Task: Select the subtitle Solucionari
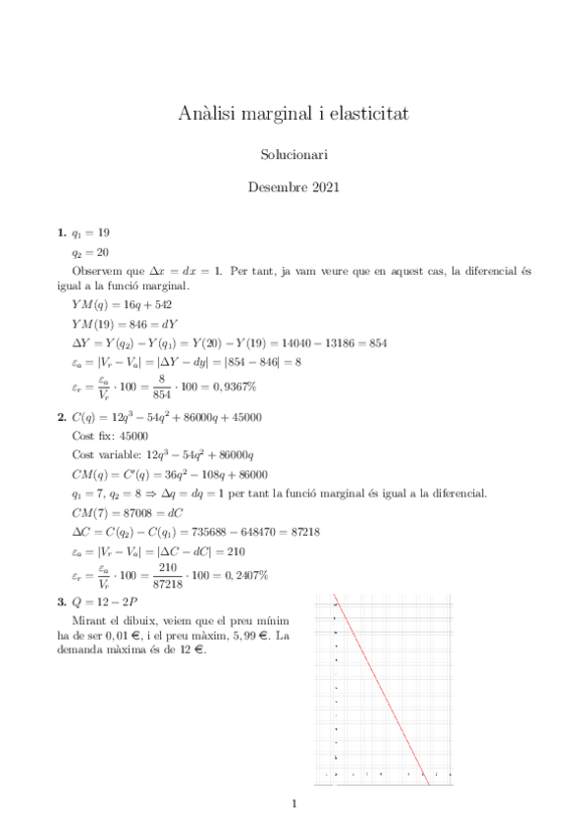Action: tap(294, 155)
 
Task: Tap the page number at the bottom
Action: tap(294, 806)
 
